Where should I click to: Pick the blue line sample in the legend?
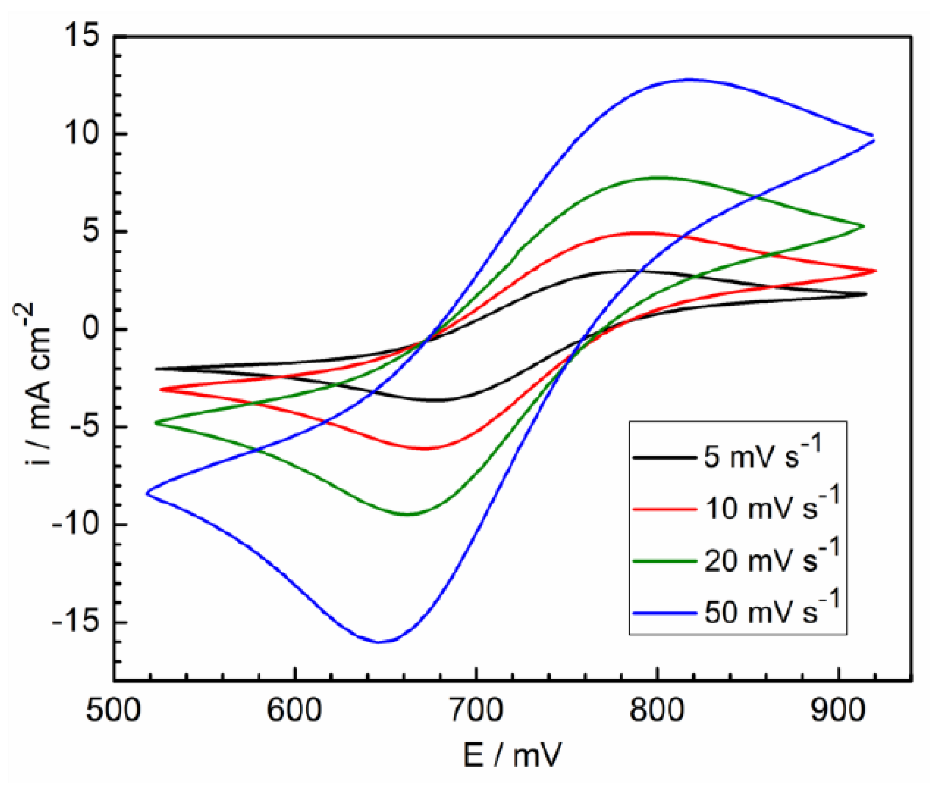(x=665, y=613)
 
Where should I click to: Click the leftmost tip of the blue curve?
(x=147, y=492)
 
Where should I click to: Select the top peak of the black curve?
(x=622, y=270)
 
